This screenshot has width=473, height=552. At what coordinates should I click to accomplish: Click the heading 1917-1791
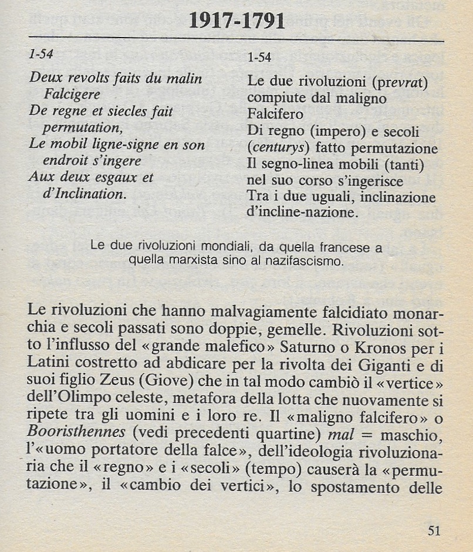237,22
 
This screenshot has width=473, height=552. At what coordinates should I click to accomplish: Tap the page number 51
434,531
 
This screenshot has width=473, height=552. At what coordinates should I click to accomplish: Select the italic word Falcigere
72,94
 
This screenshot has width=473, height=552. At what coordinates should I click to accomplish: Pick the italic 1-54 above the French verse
41,54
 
